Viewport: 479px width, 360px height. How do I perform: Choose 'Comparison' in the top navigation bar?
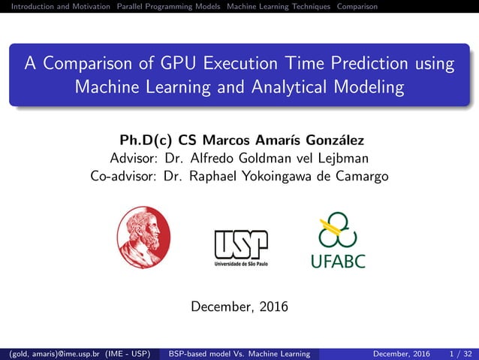click(357, 7)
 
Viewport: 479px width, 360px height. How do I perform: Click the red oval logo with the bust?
click(144, 238)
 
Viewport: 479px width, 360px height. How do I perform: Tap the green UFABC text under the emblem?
click(338, 262)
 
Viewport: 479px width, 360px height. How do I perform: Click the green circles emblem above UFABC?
click(338, 229)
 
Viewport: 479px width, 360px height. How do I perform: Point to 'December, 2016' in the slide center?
click(239, 307)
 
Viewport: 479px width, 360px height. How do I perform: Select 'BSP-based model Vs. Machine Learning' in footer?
click(239, 353)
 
